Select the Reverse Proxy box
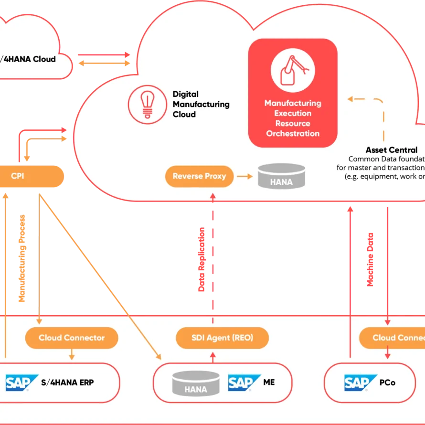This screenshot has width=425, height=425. [x=199, y=176]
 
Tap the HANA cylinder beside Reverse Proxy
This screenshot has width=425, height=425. [x=281, y=176]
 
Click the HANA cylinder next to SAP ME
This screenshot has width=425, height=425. [x=196, y=383]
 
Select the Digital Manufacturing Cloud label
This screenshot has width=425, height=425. [x=201, y=104]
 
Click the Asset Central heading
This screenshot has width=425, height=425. [x=392, y=150]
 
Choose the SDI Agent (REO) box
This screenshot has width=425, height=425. [x=222, y=338]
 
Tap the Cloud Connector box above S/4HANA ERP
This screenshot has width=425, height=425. [x=72, y=338]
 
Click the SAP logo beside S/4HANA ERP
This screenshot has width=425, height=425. [x=22, y=383]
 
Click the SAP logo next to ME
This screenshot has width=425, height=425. [x=244, y=383]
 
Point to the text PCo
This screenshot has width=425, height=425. [x=388, y=383]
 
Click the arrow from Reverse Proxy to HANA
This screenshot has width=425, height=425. [x=244, y=176]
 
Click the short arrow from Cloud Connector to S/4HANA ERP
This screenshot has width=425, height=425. [x=72, y=354]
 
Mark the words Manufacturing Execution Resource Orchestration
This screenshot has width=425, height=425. [x=293, y=118]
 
